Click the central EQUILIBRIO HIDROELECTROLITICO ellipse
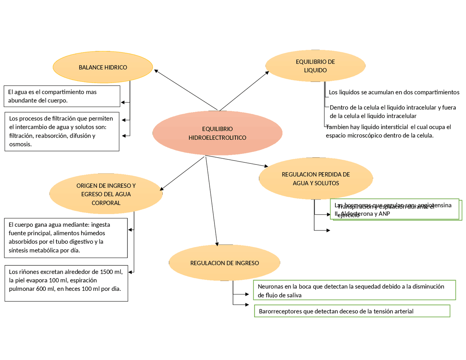click(x=217, y=133)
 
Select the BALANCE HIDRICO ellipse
click(x=103, y=67)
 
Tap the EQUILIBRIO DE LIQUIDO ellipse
click(x=315, y=66)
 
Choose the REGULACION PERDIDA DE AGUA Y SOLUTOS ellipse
click(x=316, y=179)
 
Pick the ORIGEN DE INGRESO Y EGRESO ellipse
click(x=106, y=194)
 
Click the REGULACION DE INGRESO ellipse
click(x=224, y=263)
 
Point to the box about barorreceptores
click(x=352, y=311)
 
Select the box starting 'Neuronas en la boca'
click(x=354, y=290)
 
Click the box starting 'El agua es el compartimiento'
click(x=62, y=96)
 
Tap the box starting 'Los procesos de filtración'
click(x=62, y=131)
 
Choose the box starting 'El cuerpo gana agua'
click(x=66, y=238)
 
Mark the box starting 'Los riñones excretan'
click(x=66, y=283)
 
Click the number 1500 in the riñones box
click(x=106, y=272)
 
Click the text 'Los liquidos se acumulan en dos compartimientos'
click(x=394, y=92)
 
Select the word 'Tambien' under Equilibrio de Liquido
click(x=337, y=127)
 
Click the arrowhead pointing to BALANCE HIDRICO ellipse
click(x=156, y=71)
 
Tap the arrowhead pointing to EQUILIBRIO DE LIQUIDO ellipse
click(x=267, y=73)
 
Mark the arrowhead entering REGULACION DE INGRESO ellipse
click(x=217, y=244)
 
